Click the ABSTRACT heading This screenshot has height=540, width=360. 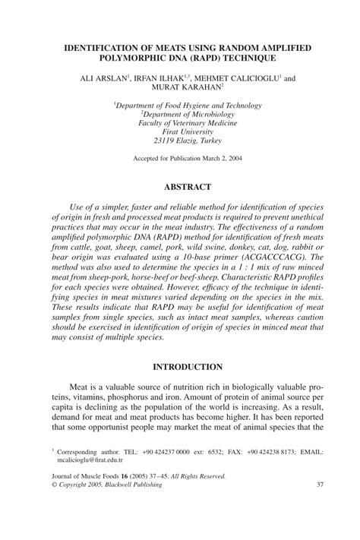tap(179, 186)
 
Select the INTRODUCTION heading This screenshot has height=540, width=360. tap(179, 365)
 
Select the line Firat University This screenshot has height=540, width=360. tap(179, 130)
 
